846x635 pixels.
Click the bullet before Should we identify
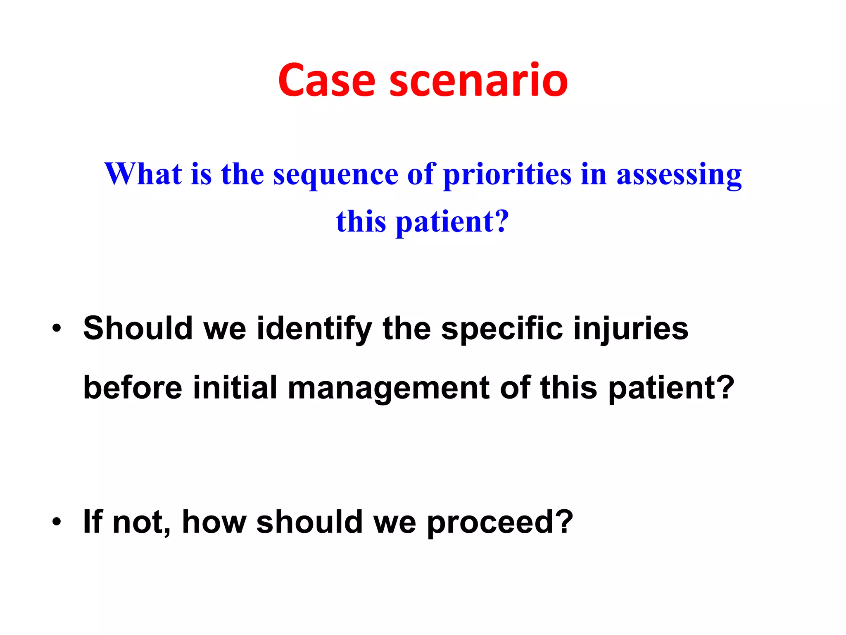click(x=57, y=329)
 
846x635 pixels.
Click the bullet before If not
click(x=57, y=522)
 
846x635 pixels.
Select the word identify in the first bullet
click(x=314, y=329)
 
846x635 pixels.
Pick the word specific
click(x=501, y=329)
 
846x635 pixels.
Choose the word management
click(x=388, y=389)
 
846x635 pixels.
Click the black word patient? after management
click(x=671, y=389)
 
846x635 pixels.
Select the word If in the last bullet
click(x=93, y=522)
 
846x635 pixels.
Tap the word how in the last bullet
click(x=214, y=522)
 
